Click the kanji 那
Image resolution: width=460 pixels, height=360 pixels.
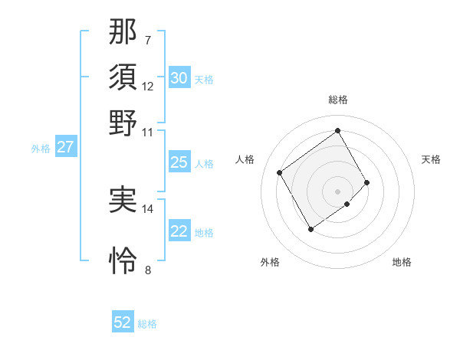click(123, 33)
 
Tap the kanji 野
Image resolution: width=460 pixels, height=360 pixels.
click(123, 123)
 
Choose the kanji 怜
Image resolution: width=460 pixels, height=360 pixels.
click(123, 260)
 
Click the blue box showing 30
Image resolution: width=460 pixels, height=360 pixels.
click(179, 78)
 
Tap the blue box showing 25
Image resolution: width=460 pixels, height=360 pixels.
click(179, 162)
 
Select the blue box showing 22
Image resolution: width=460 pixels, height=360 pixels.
click(179, 231)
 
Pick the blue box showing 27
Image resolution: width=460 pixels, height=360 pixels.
click(65, 147)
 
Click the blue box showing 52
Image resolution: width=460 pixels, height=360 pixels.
click(123, 322)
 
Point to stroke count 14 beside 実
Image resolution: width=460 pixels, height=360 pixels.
click(148, 208)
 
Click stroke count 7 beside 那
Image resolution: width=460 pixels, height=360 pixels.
click(147, 40)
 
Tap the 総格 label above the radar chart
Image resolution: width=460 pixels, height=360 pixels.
click(338, 100)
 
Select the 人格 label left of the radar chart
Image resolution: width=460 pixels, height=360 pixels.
click(245, 159)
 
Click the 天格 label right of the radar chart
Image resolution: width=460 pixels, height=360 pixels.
click(431, 159)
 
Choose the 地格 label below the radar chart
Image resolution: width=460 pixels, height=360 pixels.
click(402, 262)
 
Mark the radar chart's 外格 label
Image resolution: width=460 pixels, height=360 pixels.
click(270, 262)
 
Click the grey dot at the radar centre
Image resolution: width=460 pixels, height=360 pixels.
click(338, 191)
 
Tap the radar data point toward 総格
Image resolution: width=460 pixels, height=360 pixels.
click(338, 130)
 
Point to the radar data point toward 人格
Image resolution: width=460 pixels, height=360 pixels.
click(280, 172)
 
